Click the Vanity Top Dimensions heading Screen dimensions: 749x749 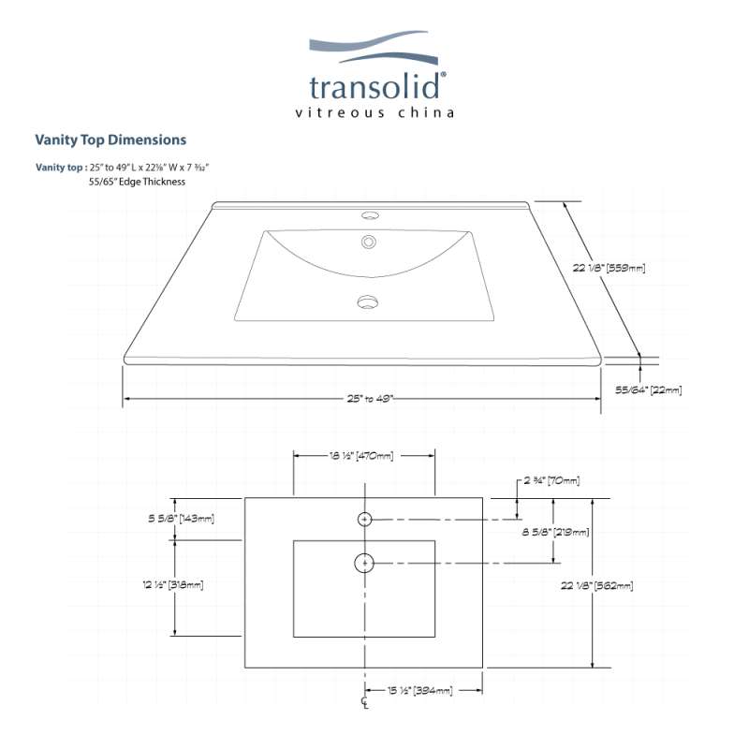tap(110, 140)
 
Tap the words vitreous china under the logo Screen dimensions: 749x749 tap(374, 112)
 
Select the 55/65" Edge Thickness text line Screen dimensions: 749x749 tap(137, 182)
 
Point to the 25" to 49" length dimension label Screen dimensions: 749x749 tap(370, 399)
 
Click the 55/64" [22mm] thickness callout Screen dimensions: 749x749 tap(648, 389)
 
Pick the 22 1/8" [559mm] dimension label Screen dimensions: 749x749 tap(609, 268)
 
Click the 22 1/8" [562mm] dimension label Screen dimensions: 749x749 tap(597, 585)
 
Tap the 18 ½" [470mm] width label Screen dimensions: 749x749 tap(361, 456)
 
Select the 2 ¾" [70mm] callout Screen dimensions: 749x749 tap(551, 480)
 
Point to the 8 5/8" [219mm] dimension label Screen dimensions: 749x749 tap(555, 532)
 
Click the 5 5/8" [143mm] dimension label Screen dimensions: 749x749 tap(181, 518)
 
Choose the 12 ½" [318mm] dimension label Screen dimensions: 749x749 tap(173, 584)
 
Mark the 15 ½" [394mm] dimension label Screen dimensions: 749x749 tap(419, 690)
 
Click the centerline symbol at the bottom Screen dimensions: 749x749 tap(365, 703)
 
